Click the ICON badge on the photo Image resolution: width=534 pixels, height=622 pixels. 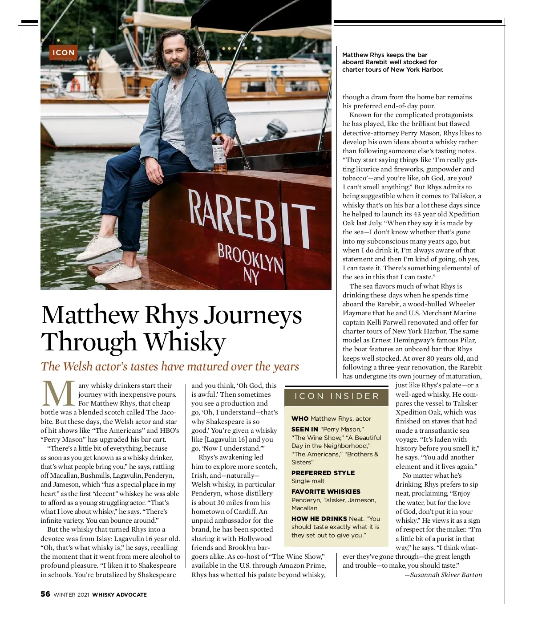coord(63,53)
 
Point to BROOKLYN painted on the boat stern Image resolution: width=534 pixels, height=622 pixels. coord(250,258)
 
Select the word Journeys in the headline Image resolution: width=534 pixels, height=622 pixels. coord(253,315)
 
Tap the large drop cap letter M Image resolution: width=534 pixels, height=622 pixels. coord(58,394)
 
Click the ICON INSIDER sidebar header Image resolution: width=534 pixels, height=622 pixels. coord(337,396)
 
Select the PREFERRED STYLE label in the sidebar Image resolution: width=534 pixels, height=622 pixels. coord(323,473)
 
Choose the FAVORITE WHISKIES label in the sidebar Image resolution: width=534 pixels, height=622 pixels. coord(326,492)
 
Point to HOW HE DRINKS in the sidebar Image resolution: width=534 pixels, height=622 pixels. coord(319,519)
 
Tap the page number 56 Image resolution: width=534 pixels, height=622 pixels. coord(45,594)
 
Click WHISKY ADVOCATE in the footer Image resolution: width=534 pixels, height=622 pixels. coord(119,594)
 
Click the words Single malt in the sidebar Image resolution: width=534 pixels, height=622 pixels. coord(308,481)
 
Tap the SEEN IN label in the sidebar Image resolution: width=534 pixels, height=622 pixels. coord(305,429)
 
